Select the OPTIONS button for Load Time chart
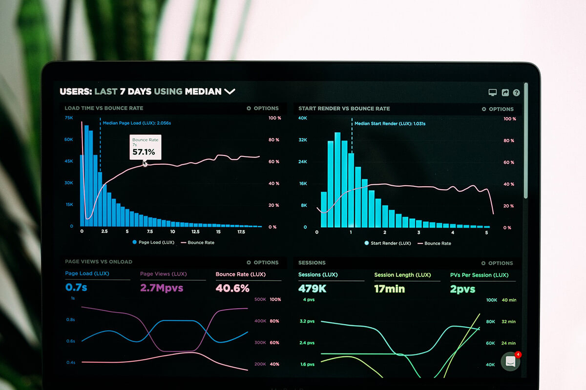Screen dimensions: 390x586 pyautogui.click(x=263, y=108)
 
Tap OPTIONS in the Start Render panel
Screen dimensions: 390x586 pyautogui.click(x=498, y=109)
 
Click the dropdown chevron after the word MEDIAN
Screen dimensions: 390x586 pyautogui.click(x=230, y=91)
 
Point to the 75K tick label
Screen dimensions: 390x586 pyautogui.click(x=69, y=118)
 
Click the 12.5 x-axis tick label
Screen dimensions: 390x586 pyautogui.click(x=195, y=232)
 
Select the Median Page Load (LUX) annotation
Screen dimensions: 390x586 pyautogui.click(x=136, y=123)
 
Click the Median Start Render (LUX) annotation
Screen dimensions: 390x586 pyautogui.click(x=390, y=124)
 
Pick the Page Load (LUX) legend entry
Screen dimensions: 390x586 pyautogui.click(x=153, y=242)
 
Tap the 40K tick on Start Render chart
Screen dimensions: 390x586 pyautogui.click(x=303, y=118)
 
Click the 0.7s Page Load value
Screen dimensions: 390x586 pyautogui.click(x=76, y=288)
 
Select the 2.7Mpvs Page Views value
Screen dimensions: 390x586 pyautogui.click(x=162, y=288)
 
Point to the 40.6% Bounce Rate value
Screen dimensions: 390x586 pyautogui.click(x=232, y=288)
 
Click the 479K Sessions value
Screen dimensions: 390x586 pyautogui.click(x=312, y=289)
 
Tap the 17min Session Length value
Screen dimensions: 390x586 pyautogui.click(x=389, y=289)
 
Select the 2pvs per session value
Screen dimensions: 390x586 pyautogui.click(x=462, y=289)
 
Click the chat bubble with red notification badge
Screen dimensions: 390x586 pyautogui.click(x=510, y=361)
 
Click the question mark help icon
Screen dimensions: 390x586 pyautogui.click(x=516, y=93)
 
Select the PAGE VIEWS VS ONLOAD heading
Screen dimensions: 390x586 pyautogui.click(x=98, y=262)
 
